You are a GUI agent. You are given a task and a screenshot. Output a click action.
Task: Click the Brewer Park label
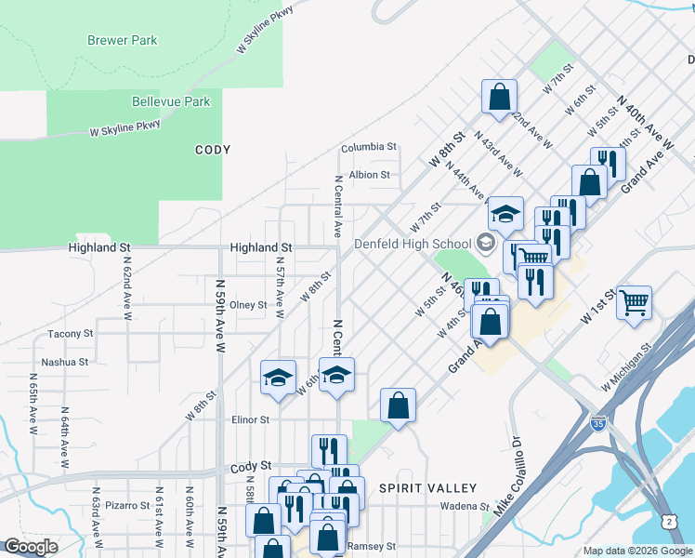(x=122, y=40)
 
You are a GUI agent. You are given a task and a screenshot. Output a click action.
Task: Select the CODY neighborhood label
(x=212, y=150)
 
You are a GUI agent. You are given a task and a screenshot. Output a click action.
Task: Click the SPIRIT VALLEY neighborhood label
(x=428, y=487)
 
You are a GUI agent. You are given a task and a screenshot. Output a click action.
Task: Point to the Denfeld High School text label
(x=413, y=244)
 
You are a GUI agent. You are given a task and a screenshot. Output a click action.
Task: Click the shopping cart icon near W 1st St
(x=634, y=302)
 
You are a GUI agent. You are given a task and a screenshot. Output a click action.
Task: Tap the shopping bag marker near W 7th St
(x=499, y=96)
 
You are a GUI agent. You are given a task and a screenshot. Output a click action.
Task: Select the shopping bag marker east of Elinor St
(x=398, y=405)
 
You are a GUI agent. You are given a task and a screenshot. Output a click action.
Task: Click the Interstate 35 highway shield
(x=599, y=423)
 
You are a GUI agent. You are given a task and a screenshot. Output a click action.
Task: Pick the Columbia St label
(x=369, y=147)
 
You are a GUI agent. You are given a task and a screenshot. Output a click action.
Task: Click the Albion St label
(x=369, y=174)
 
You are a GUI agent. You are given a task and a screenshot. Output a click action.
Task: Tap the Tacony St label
(x=71, y=333)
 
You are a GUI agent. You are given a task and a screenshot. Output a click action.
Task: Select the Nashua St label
(x=65, y=362)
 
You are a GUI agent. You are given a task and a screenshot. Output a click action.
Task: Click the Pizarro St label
(x=127, y=505)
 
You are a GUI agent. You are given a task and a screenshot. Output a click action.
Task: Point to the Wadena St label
(x=465, y=506)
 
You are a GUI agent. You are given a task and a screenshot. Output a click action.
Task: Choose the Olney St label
(x=248, y=304)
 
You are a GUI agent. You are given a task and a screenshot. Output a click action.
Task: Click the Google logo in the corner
(x=31, y=546)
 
